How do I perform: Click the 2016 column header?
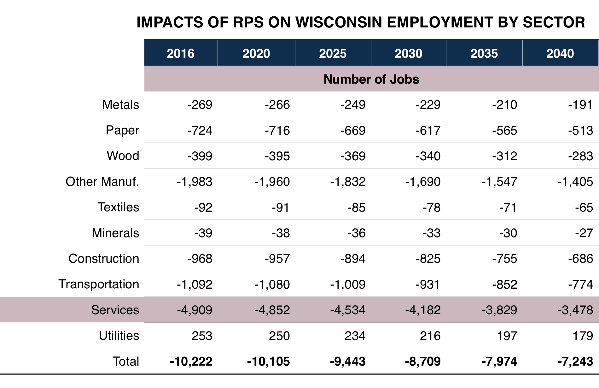(x=180, y=53)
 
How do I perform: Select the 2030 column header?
(x=408, y=53)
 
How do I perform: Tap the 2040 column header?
(x=560, y=53)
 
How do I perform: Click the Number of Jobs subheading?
(x=371, y=79)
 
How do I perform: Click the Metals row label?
(x=120, y=105)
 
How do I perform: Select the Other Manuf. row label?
(x=102, y=182)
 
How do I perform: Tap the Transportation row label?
(x=99, y=284)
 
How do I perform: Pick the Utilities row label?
(x=119, y=336)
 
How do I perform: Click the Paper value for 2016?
(x=200, y=131)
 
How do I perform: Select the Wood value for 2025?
(x=353, y=156)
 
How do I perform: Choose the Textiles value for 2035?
(x=508, y=208)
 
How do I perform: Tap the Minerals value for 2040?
(x=584, y=233)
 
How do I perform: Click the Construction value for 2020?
(x=277, y=259)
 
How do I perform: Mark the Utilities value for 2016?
(x=202, y=336)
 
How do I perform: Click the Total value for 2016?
(x=191, y=362)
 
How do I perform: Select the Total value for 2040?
(x=575, y=362)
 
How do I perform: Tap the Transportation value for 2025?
(x=347, y=285)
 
